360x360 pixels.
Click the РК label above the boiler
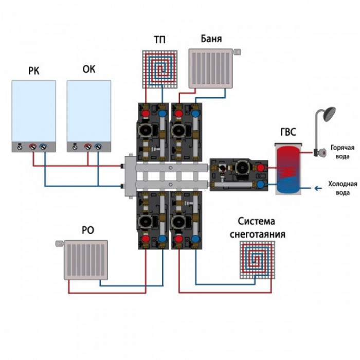(x=34, y=71)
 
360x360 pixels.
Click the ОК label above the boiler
(x=88, y=69)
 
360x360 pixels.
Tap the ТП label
(x=159, y=40)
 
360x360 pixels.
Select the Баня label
(x=211, y=39)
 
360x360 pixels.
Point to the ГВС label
(x=288, y=132)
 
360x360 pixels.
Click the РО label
(x=88, y=230)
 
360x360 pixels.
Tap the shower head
(x=329, y=114)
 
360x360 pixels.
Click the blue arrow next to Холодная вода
(x=318, y=189)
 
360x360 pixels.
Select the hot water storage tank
(x=289, y=169)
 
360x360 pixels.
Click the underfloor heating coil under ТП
(x=160, y=69)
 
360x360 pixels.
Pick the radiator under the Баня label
(x=211, y=68)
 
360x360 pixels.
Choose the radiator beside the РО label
(x=86, y=260)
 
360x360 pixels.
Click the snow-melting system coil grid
(x=257, y=260)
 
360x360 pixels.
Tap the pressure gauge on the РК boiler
(x=20, y=147)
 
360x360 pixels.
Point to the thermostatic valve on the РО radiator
(x=60, y=243)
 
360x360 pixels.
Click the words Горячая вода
(x=343, y=152)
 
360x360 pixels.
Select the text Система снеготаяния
(x=257, y=228)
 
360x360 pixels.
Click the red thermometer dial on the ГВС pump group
(x=260, y=168)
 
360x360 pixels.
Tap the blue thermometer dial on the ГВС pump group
(x=260, y=184)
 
